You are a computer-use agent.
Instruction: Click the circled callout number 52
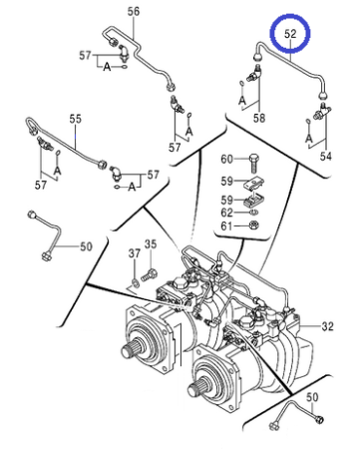[290, 34]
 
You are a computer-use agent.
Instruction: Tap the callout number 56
[134, 12]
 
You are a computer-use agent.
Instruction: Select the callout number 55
[76, 119]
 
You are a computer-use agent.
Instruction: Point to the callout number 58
[259, 118]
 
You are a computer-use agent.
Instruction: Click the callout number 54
[326, 156]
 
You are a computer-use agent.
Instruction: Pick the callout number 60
[227, 159]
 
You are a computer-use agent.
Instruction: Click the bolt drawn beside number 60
[254, 163]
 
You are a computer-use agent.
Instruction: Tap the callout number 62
[227, 213]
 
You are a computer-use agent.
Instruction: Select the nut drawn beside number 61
[254, 225]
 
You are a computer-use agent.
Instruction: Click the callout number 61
[226, 226]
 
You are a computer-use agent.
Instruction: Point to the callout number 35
[151, 244]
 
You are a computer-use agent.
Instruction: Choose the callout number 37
[135, 253]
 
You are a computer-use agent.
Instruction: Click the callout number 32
[327, 326]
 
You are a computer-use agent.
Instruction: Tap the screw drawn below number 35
[149, 275]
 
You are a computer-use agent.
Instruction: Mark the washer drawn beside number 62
[254, 213]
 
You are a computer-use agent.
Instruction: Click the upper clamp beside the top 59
[255, 184]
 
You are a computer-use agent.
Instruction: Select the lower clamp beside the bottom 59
[255, 201]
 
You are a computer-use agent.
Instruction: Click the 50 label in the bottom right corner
[312, 397]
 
